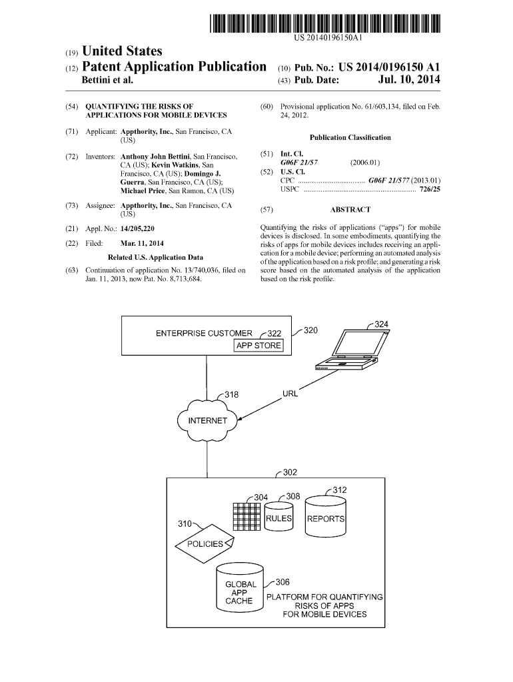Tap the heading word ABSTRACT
350,209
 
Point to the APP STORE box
258,346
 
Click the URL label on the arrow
290,393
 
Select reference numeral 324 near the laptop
380,324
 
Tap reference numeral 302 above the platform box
290,473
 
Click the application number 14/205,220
135,228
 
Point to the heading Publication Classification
350,137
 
